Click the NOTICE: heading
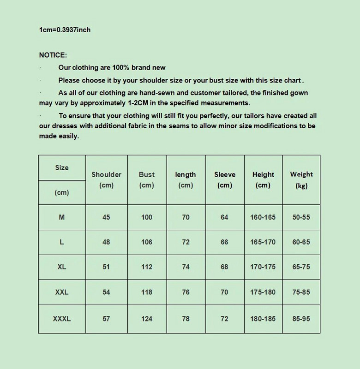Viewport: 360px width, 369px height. pos(53,55)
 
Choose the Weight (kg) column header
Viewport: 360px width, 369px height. pos(301,179)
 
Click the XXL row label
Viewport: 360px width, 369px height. pos(62,292)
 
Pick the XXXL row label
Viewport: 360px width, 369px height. pos(62,318)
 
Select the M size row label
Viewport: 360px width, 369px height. pos(62,217)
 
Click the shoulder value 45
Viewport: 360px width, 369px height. pos(107,217)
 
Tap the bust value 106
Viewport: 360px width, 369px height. pos(147,242)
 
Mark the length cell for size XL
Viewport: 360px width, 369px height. pos(186,268)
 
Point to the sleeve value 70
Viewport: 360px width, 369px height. pos(225,292)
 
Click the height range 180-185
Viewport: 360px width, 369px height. pos(263,318)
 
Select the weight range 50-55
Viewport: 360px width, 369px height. pos(301,217)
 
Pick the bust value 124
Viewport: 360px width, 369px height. pos(147,318)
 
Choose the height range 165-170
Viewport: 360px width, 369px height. pos(263,242)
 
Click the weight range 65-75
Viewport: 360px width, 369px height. pos(301,268)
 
